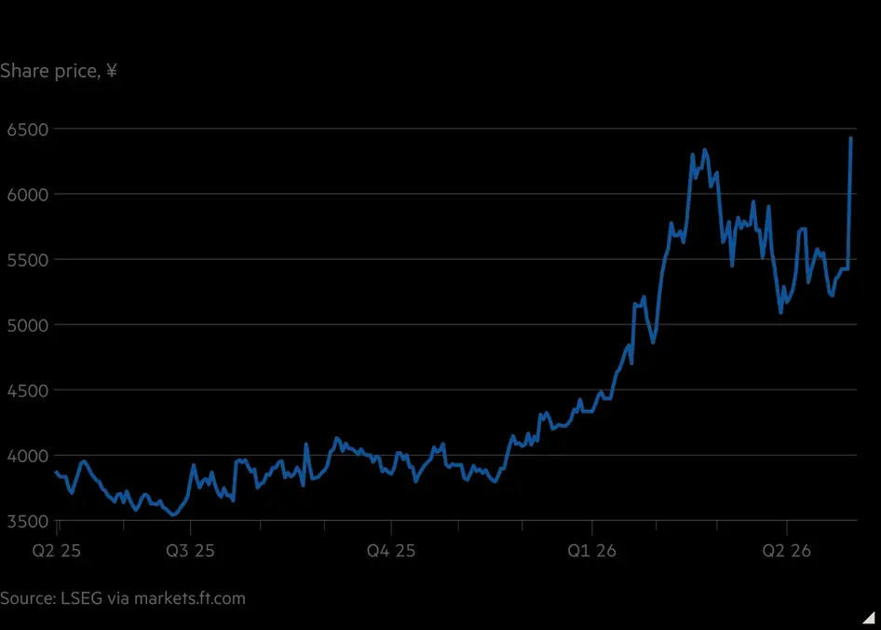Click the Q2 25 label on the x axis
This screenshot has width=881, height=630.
tap(56, 551)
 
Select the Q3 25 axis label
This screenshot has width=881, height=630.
tap(191, 551)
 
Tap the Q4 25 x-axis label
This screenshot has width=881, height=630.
tap(391, 551)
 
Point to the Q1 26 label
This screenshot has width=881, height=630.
tap(591, 551)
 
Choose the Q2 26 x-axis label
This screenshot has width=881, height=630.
tap(787, 551)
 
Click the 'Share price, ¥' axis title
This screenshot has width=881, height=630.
tap(59, 72)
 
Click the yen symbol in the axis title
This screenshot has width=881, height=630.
tap(111, 71)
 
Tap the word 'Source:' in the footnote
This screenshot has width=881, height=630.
tap(26, 598)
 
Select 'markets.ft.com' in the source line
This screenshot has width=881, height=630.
tap(189, 598)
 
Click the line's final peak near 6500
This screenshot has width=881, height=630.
tap(851, 137)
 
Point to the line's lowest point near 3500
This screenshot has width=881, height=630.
tap(173, 514)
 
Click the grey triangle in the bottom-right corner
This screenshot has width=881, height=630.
tap(869, 618)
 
